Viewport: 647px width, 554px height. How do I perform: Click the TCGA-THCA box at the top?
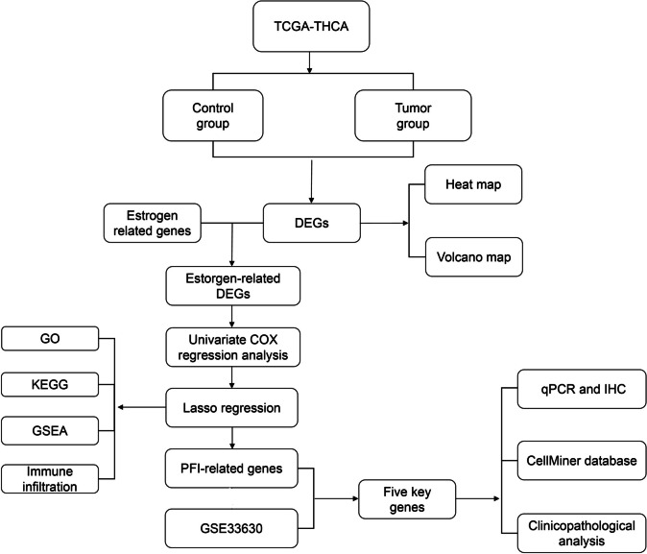(x=309, y=28)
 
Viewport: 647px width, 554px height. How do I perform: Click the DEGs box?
(x=309, y=222)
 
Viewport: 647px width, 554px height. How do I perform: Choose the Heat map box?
(x=466, y=183)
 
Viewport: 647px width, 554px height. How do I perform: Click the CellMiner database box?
(x=573, y=462)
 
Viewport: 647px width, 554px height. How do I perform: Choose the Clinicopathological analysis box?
(x=573, y=531)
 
